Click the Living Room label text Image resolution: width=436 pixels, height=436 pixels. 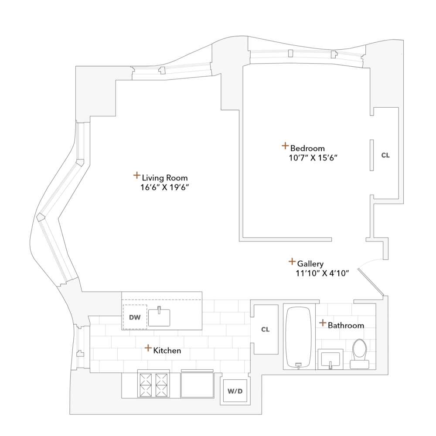(165, 178)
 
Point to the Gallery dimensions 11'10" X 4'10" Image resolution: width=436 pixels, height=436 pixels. (322, 273)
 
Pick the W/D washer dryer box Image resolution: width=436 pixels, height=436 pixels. (235, 391)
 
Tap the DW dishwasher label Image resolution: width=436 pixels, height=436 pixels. (135, 317)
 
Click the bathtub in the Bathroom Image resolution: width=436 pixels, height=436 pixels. (298, 337)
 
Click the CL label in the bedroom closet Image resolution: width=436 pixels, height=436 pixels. (385, 155)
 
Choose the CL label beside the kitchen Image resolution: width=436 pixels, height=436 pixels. (266, 330)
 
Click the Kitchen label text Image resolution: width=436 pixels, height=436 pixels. (167, 351)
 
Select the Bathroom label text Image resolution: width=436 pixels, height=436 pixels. (346, 325)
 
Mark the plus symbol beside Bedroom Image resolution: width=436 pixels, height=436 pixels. (285, 146)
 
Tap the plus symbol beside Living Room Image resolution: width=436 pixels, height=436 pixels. (136, 176)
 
